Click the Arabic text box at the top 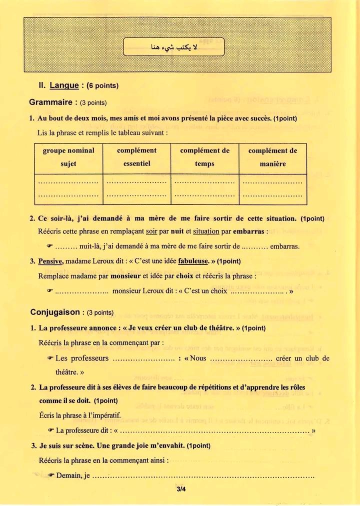(174, 47)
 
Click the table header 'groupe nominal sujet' (68, 157)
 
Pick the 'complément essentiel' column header (136, 157)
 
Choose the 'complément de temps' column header (204, 157)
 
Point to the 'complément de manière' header (272, 157)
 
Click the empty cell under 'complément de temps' (204, 189)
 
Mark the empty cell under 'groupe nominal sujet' (68, 189)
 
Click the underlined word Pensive (50, 261)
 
